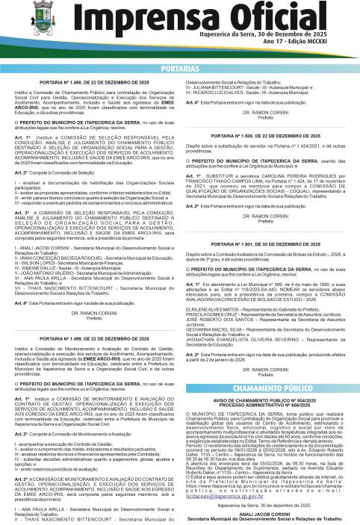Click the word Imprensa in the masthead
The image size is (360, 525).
pyautogui.click(x=134, y=16)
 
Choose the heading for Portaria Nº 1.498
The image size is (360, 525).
pyautogui.click(x=93, y=81)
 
